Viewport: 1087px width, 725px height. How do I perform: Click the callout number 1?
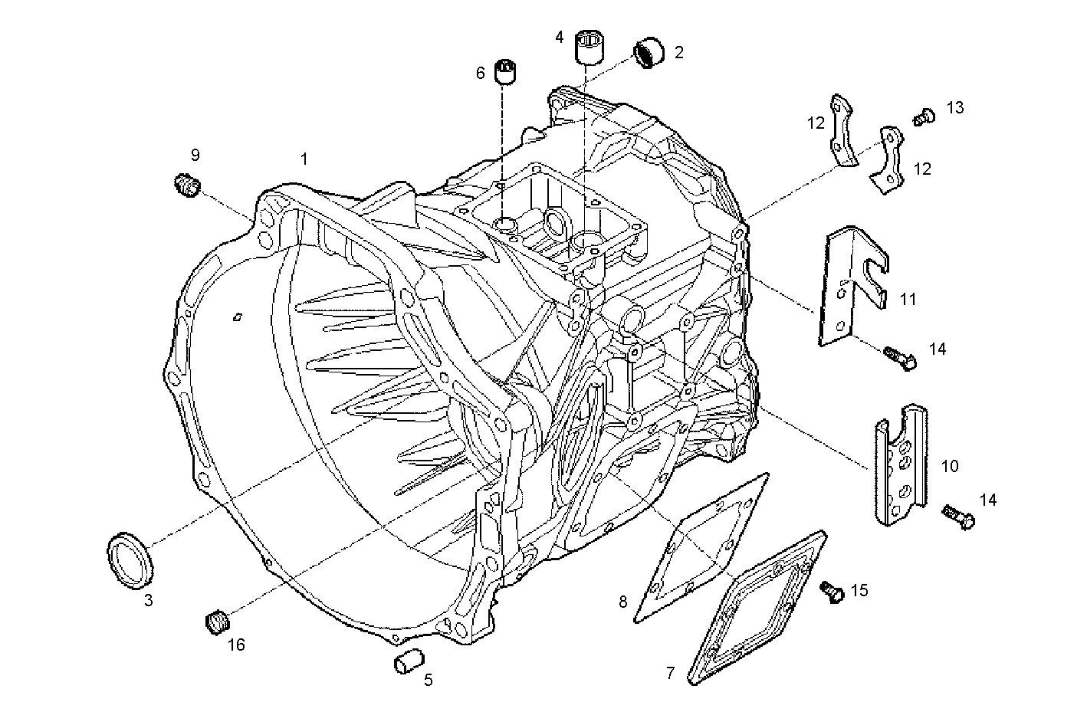tap(304, 159)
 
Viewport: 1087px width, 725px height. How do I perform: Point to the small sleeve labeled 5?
tap(410, 660)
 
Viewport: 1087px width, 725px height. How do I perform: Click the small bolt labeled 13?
tap(924, 116)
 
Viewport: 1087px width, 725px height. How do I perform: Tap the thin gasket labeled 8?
tap(701, 544)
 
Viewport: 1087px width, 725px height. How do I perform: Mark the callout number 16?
tap(236, 645)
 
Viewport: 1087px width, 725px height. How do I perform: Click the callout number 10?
tap(950, 466)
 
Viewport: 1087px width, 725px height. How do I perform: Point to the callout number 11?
tap(908, 299)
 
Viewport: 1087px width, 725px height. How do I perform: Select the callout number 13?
tap(954, 108)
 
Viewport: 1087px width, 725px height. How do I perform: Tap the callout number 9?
tap(195, 155)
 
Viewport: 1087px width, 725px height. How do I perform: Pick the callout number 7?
tap(671, 673)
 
